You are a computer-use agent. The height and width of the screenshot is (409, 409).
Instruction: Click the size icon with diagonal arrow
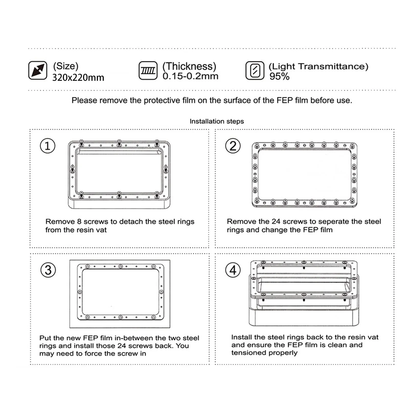point(38,70)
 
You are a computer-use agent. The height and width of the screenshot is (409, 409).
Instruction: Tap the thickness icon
point(148,71)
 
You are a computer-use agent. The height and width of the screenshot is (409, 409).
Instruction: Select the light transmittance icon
point(255,71)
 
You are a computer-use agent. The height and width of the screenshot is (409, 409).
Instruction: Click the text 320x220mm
point(78,77)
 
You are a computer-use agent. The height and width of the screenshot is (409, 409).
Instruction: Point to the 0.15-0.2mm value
point(190,76)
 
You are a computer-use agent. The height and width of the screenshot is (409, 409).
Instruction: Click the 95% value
point(279,76)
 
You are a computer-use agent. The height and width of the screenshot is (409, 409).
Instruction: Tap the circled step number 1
point(48,146)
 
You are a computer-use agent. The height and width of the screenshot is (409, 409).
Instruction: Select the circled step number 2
point(233,146)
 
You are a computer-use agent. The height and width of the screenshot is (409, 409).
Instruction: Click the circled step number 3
point(48,270)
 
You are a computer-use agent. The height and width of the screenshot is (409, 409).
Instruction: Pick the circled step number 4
point(233,270)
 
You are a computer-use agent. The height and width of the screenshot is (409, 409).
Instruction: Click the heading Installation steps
point(217,121)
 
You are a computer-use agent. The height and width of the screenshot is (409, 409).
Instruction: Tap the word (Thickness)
point(189,66)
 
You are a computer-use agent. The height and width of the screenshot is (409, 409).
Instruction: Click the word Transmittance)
point(333,66)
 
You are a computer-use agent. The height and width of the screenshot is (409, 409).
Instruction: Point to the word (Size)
point(66,66)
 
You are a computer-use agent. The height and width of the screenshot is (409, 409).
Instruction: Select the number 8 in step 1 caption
point(79,222)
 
